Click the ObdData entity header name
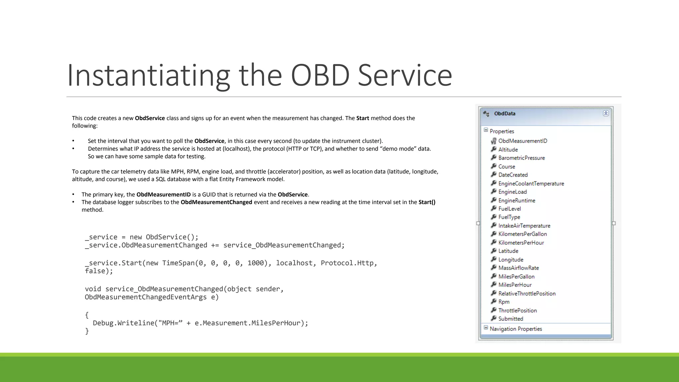505,113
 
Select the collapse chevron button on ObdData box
606,113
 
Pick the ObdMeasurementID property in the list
523,141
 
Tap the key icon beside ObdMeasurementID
494,141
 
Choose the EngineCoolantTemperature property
531,183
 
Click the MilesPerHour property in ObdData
515,285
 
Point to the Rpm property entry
504,302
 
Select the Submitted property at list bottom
511,319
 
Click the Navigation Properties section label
516,329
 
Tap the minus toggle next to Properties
486,130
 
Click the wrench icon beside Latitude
494,251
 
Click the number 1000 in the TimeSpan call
255,263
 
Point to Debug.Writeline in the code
123,323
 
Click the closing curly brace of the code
87,331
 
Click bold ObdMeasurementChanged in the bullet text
216,202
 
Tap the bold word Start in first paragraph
362,118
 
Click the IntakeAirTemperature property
524,226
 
